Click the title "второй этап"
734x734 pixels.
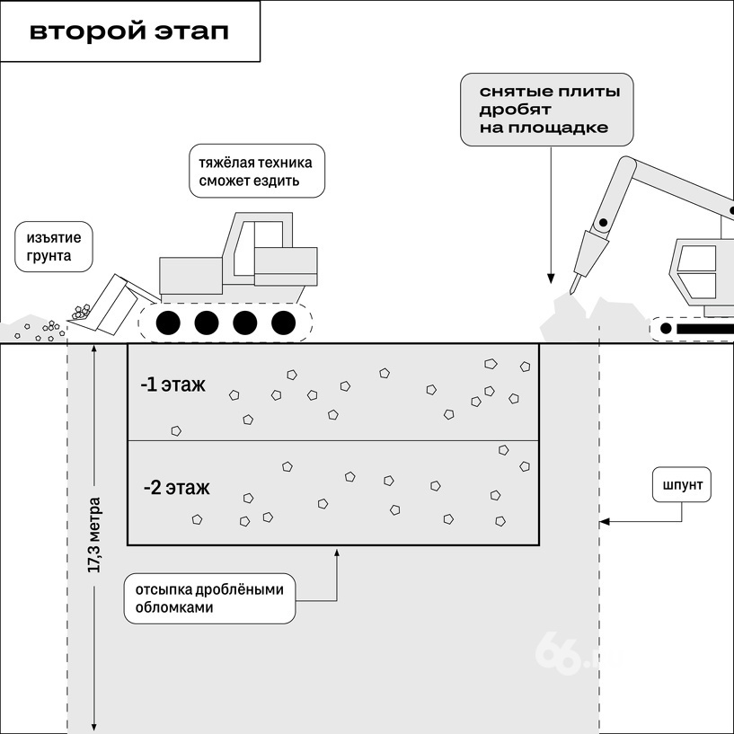tap(129, 31)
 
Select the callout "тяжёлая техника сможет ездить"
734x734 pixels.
tap(257, 173)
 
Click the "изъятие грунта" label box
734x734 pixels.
tap(54, 249)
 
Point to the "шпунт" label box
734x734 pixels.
tap(681, 486)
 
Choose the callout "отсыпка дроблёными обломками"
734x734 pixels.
tap(209, 598)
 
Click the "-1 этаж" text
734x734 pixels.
tap(173, 385)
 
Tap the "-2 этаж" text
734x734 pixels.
tap(176, 488)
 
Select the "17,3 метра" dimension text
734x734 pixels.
tap(94, 535)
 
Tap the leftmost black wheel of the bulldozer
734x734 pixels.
tap(168, 323)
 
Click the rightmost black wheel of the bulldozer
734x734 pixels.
tap(284, 323)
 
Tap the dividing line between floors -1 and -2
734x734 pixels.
tap(333, 440)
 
